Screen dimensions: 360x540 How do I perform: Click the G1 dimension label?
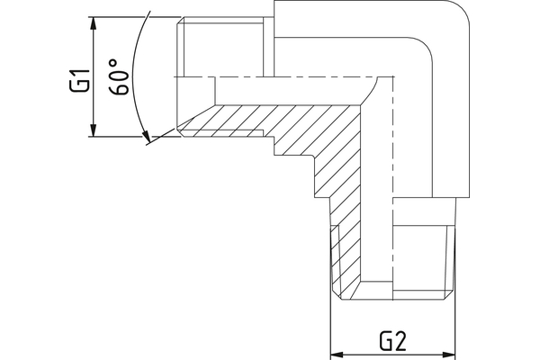pos(79,82)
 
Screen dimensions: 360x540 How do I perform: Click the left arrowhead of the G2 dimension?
pos(337,352)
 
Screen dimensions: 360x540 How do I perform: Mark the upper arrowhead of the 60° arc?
pos(147,19)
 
